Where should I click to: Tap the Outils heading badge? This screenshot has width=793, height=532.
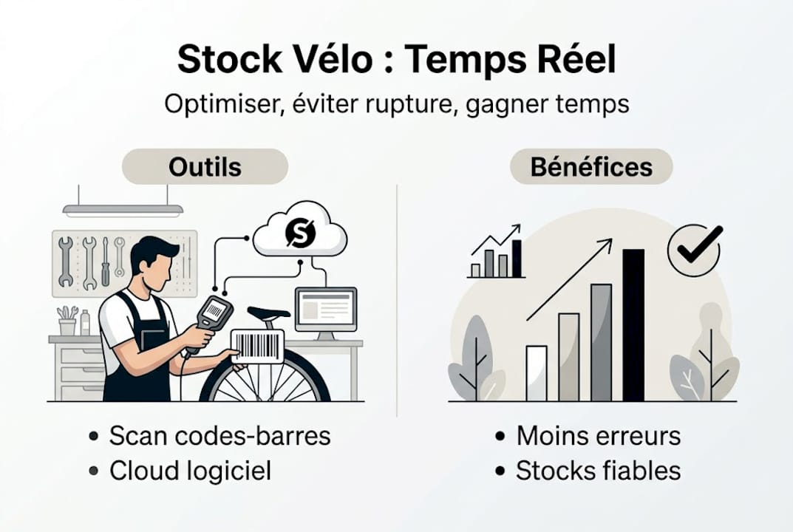point(205,167)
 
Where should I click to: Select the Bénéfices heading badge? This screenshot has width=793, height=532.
point(591,167)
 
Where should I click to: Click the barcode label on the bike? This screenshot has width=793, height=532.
point(256,346)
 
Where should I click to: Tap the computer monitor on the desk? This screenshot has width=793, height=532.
point(325,310)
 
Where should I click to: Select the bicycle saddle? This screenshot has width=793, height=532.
point(268,313)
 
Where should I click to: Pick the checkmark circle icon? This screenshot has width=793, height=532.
point(694,250)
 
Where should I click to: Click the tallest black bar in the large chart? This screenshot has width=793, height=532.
point(633,324)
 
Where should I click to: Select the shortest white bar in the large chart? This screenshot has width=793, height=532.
point(537,373)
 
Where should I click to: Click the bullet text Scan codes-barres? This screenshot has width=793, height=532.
point(219,436)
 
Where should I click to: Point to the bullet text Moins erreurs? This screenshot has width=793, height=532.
point(598,436)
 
